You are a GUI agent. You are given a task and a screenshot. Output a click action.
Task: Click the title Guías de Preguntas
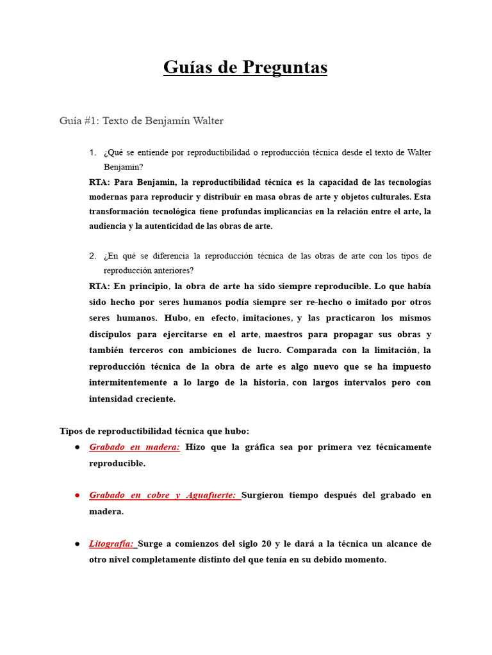pyautogui.click(x=245, y=67)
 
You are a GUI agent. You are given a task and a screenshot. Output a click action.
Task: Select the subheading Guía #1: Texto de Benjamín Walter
pyautogui.click(x=141, y=120)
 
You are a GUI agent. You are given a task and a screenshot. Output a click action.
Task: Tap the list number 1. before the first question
pyautogui.click(x=92, y=152)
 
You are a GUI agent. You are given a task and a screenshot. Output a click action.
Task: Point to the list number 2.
pyautogui.click(x=92, y=256)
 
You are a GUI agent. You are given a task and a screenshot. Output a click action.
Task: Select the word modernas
pyautogui.click(x=111, y=197)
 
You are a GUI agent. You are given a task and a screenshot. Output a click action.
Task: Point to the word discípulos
pyautogui.click(x=113, y=334)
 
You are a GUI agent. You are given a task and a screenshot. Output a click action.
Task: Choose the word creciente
pyautogui.click(x=151, y=399)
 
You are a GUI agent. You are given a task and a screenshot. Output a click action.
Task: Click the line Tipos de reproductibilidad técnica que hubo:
pyautogui.click(x=154, y=431)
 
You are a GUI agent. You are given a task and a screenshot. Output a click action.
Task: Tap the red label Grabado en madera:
pyautogui.click(x=135, y=447)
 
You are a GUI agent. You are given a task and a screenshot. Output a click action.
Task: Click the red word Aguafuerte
pyautogui.click(x=210, y=495)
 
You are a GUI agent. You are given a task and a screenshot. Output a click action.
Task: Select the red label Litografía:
pyautogui.click(x=112, y=544)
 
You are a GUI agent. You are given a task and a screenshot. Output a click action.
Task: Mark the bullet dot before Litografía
pyautogui.click(x=76, y=544)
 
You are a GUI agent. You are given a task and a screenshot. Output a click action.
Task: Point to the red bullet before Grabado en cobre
pyautogui.click(x=76, y=495)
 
